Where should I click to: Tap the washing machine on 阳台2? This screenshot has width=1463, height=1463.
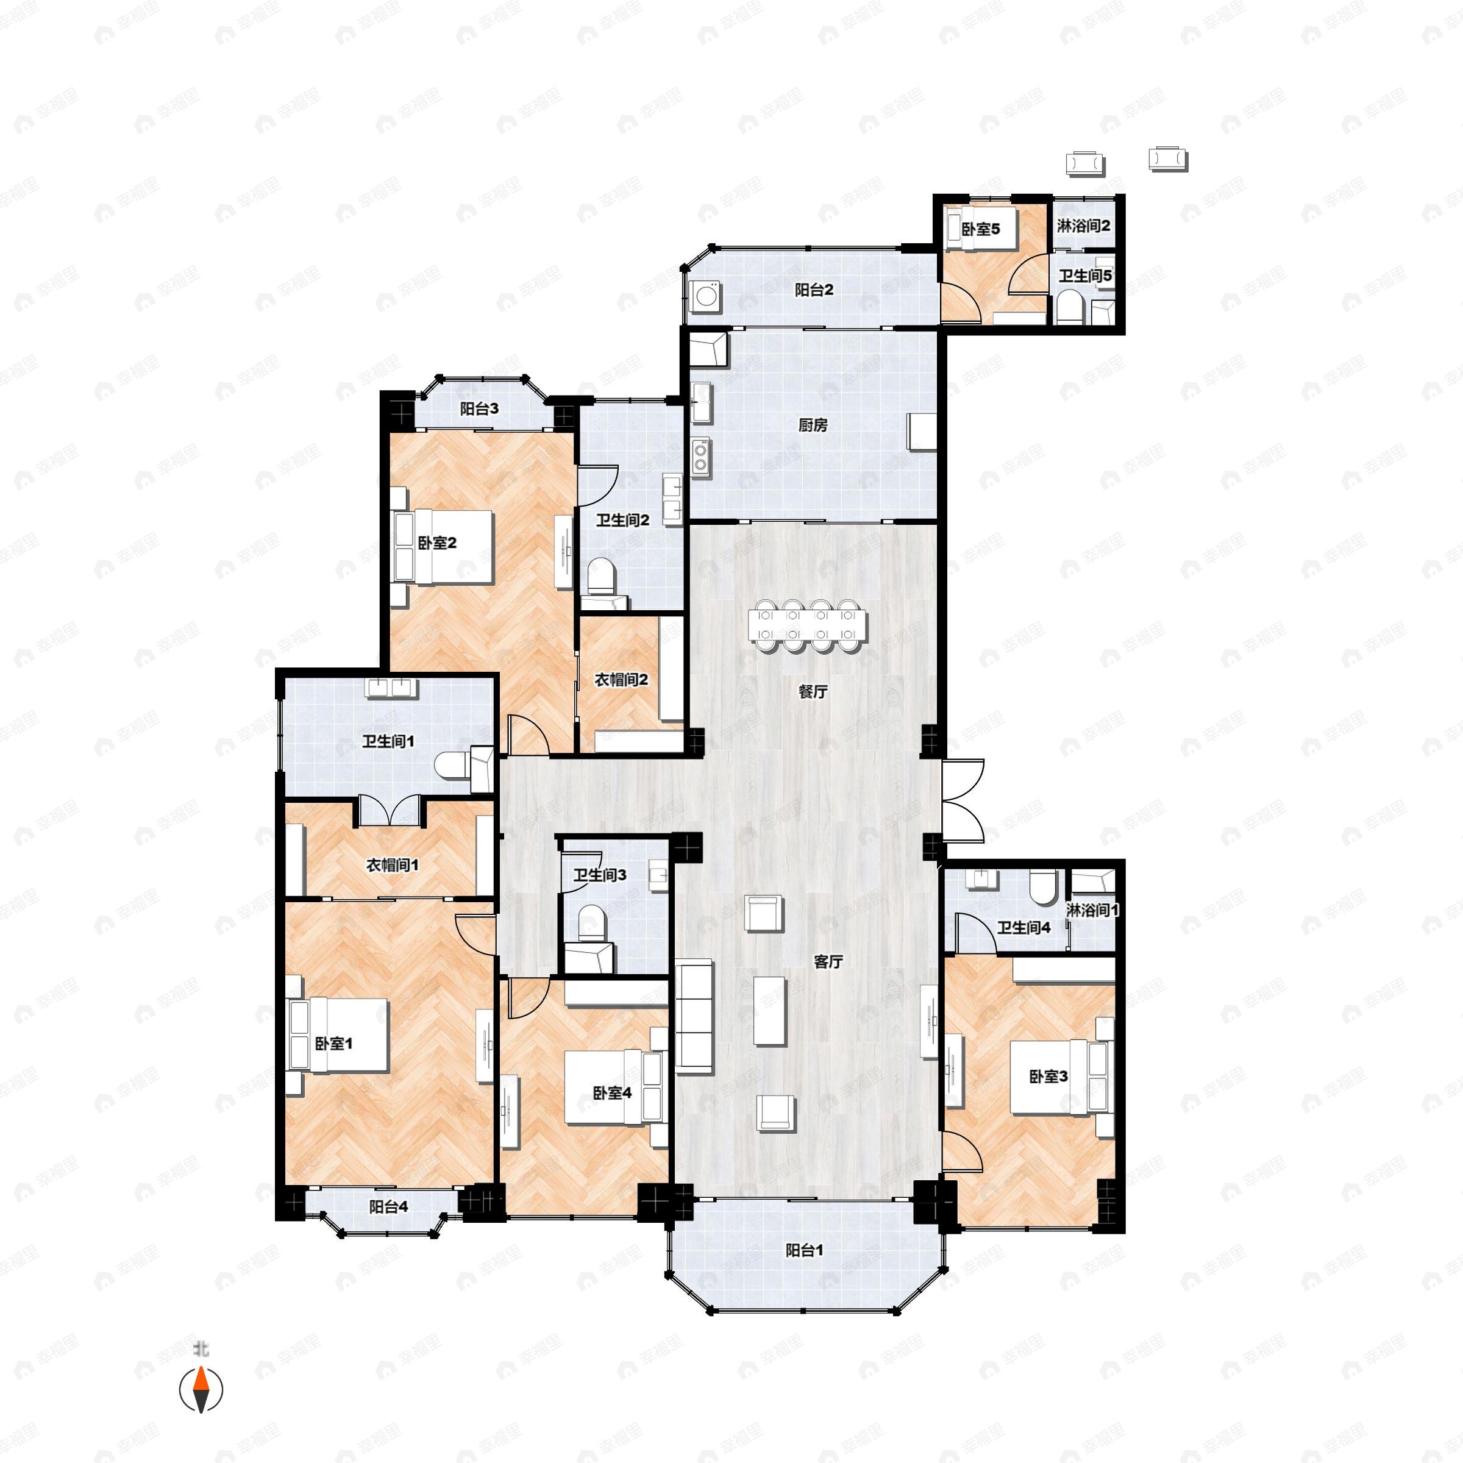coord(706,295)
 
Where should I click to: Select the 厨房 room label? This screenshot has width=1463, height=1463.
coord(813,425)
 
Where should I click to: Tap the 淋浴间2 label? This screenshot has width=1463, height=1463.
coord(1084,226)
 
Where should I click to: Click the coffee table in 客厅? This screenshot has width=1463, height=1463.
coord(769,1010)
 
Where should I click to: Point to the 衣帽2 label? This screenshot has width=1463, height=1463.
coord(620,680)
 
